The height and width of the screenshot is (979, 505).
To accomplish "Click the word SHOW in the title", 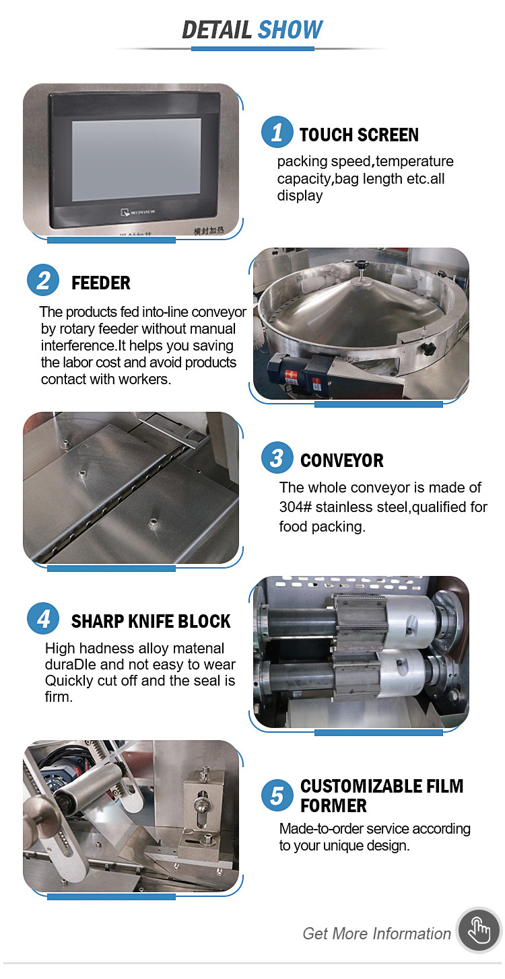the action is [x=290, y=30].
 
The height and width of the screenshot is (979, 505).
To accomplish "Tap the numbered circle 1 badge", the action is [x=277, y=132].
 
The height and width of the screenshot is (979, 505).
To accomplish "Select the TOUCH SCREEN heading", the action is [x=359, y=135].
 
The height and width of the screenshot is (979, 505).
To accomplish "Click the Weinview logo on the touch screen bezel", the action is [x=138, y=212].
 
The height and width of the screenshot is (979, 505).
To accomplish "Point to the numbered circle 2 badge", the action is [x=43, y=280].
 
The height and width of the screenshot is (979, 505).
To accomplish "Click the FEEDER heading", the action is [x=101, y=283].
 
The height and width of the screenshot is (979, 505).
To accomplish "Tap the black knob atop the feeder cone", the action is [x=361, y=265].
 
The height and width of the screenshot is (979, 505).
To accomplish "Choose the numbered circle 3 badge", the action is [x=277, y=458].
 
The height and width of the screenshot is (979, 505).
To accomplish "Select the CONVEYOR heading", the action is [x=342, y=461].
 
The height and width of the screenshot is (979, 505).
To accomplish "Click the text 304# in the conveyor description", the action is [x=296, y=507].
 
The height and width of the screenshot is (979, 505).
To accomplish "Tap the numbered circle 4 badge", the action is [x=43, y=618].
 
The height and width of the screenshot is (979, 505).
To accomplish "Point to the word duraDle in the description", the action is [x=70, y=664].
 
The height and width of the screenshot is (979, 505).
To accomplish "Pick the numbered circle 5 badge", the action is [x=277, y=795].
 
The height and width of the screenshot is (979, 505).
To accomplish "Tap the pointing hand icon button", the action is [x=479, y=931].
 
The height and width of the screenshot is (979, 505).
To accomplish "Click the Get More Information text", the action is [x=376, y=933].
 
